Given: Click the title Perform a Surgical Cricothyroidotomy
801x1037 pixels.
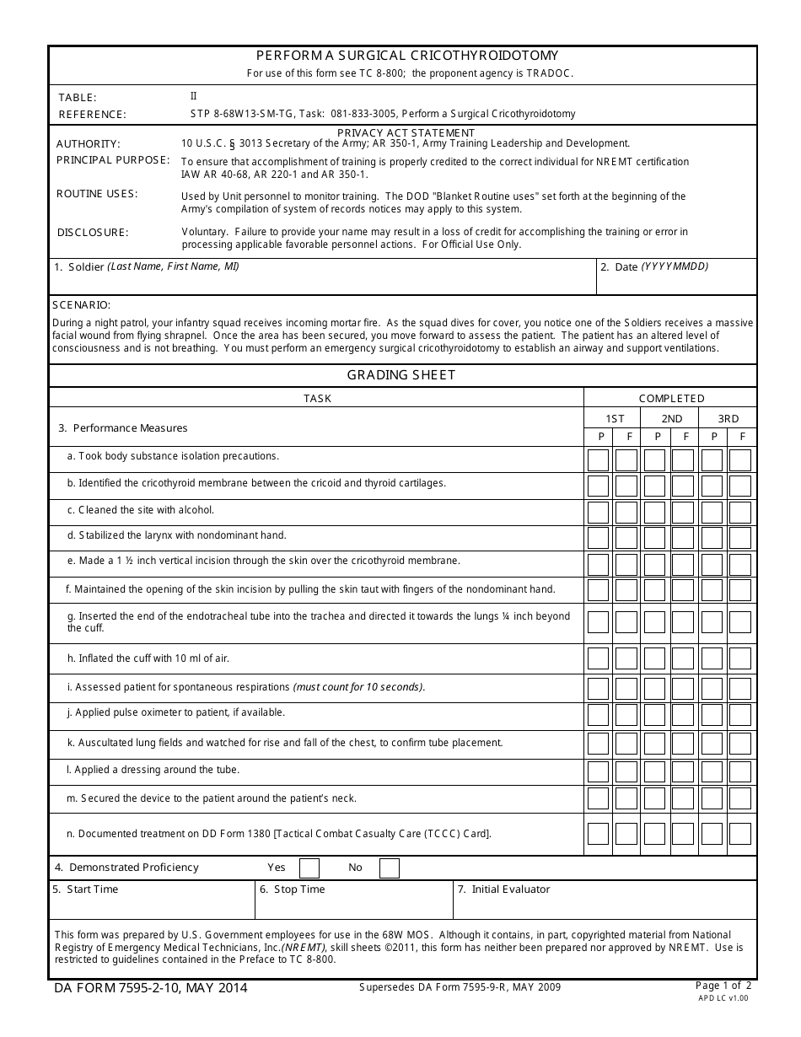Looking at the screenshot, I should click(x=402, y=56).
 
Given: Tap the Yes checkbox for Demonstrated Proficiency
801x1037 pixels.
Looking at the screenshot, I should click(x=309, y=868).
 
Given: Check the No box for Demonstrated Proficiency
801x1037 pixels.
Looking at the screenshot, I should click(x=389, y=868).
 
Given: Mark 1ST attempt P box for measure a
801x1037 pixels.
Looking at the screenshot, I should click(x=598, y=459).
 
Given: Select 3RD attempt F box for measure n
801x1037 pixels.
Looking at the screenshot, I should click(x=739, y=834).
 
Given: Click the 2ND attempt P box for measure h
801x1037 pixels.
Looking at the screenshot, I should click(x=654, y=658).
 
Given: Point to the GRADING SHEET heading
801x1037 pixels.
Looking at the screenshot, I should click(x=401, y=375).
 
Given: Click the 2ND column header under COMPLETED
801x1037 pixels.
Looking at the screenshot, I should click(x=671, y=418).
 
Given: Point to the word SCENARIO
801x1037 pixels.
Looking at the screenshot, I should click(x=81, y=305).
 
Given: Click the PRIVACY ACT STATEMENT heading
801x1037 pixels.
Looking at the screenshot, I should click(x=406, y=132).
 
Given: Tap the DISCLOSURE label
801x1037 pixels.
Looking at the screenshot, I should click(x=93, y=233).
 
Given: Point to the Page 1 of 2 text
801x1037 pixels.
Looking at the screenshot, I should click(x=723, y=985).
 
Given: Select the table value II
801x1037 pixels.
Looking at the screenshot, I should click(x=193, y=96).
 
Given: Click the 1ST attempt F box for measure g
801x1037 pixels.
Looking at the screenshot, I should click(x=626, y=622).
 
